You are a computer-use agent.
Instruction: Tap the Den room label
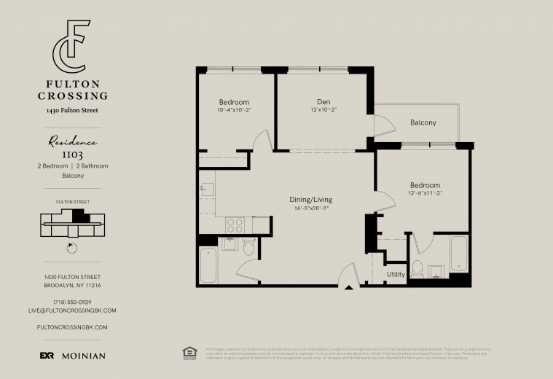click(323, 101)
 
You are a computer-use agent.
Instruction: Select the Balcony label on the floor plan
click(423, 122)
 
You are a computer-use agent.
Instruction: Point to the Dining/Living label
click(312, 199)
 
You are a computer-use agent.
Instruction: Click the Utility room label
click(396, 275)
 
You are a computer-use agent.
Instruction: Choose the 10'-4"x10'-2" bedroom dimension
click(234, 110)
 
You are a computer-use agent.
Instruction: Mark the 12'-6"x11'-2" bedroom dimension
click(424, 193)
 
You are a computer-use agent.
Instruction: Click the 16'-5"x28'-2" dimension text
click(312, 208)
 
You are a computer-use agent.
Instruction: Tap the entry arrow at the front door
click(349, 289)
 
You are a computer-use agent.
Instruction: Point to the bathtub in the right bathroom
click(460, 255)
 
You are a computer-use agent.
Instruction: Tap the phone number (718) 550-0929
click(72, 302)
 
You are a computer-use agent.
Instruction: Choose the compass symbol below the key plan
click(71, 246)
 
